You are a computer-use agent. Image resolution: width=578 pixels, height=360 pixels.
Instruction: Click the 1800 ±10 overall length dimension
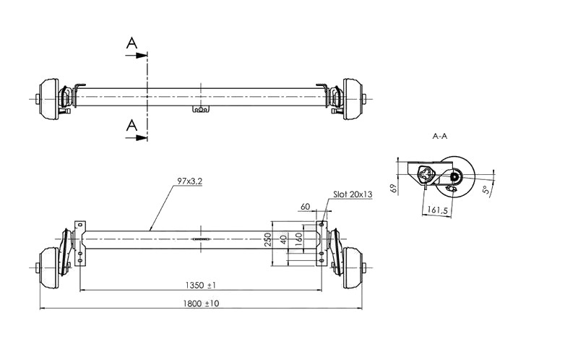201,304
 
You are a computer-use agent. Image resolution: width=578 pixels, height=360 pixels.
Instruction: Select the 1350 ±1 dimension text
201,285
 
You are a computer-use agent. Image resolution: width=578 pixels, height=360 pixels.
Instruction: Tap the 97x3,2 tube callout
189,181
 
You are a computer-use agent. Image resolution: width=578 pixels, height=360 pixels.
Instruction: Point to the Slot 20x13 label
353,194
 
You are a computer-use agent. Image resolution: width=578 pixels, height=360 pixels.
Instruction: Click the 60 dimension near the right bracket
305,207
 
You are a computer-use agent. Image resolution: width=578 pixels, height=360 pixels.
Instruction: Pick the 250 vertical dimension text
268,239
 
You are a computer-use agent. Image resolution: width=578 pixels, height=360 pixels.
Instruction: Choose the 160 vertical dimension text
299,239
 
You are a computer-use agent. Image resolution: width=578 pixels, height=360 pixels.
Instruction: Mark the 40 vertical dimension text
283,239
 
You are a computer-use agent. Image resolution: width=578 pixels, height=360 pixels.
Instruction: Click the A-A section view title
440,136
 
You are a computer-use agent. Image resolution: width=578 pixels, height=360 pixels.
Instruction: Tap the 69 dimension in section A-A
393,189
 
